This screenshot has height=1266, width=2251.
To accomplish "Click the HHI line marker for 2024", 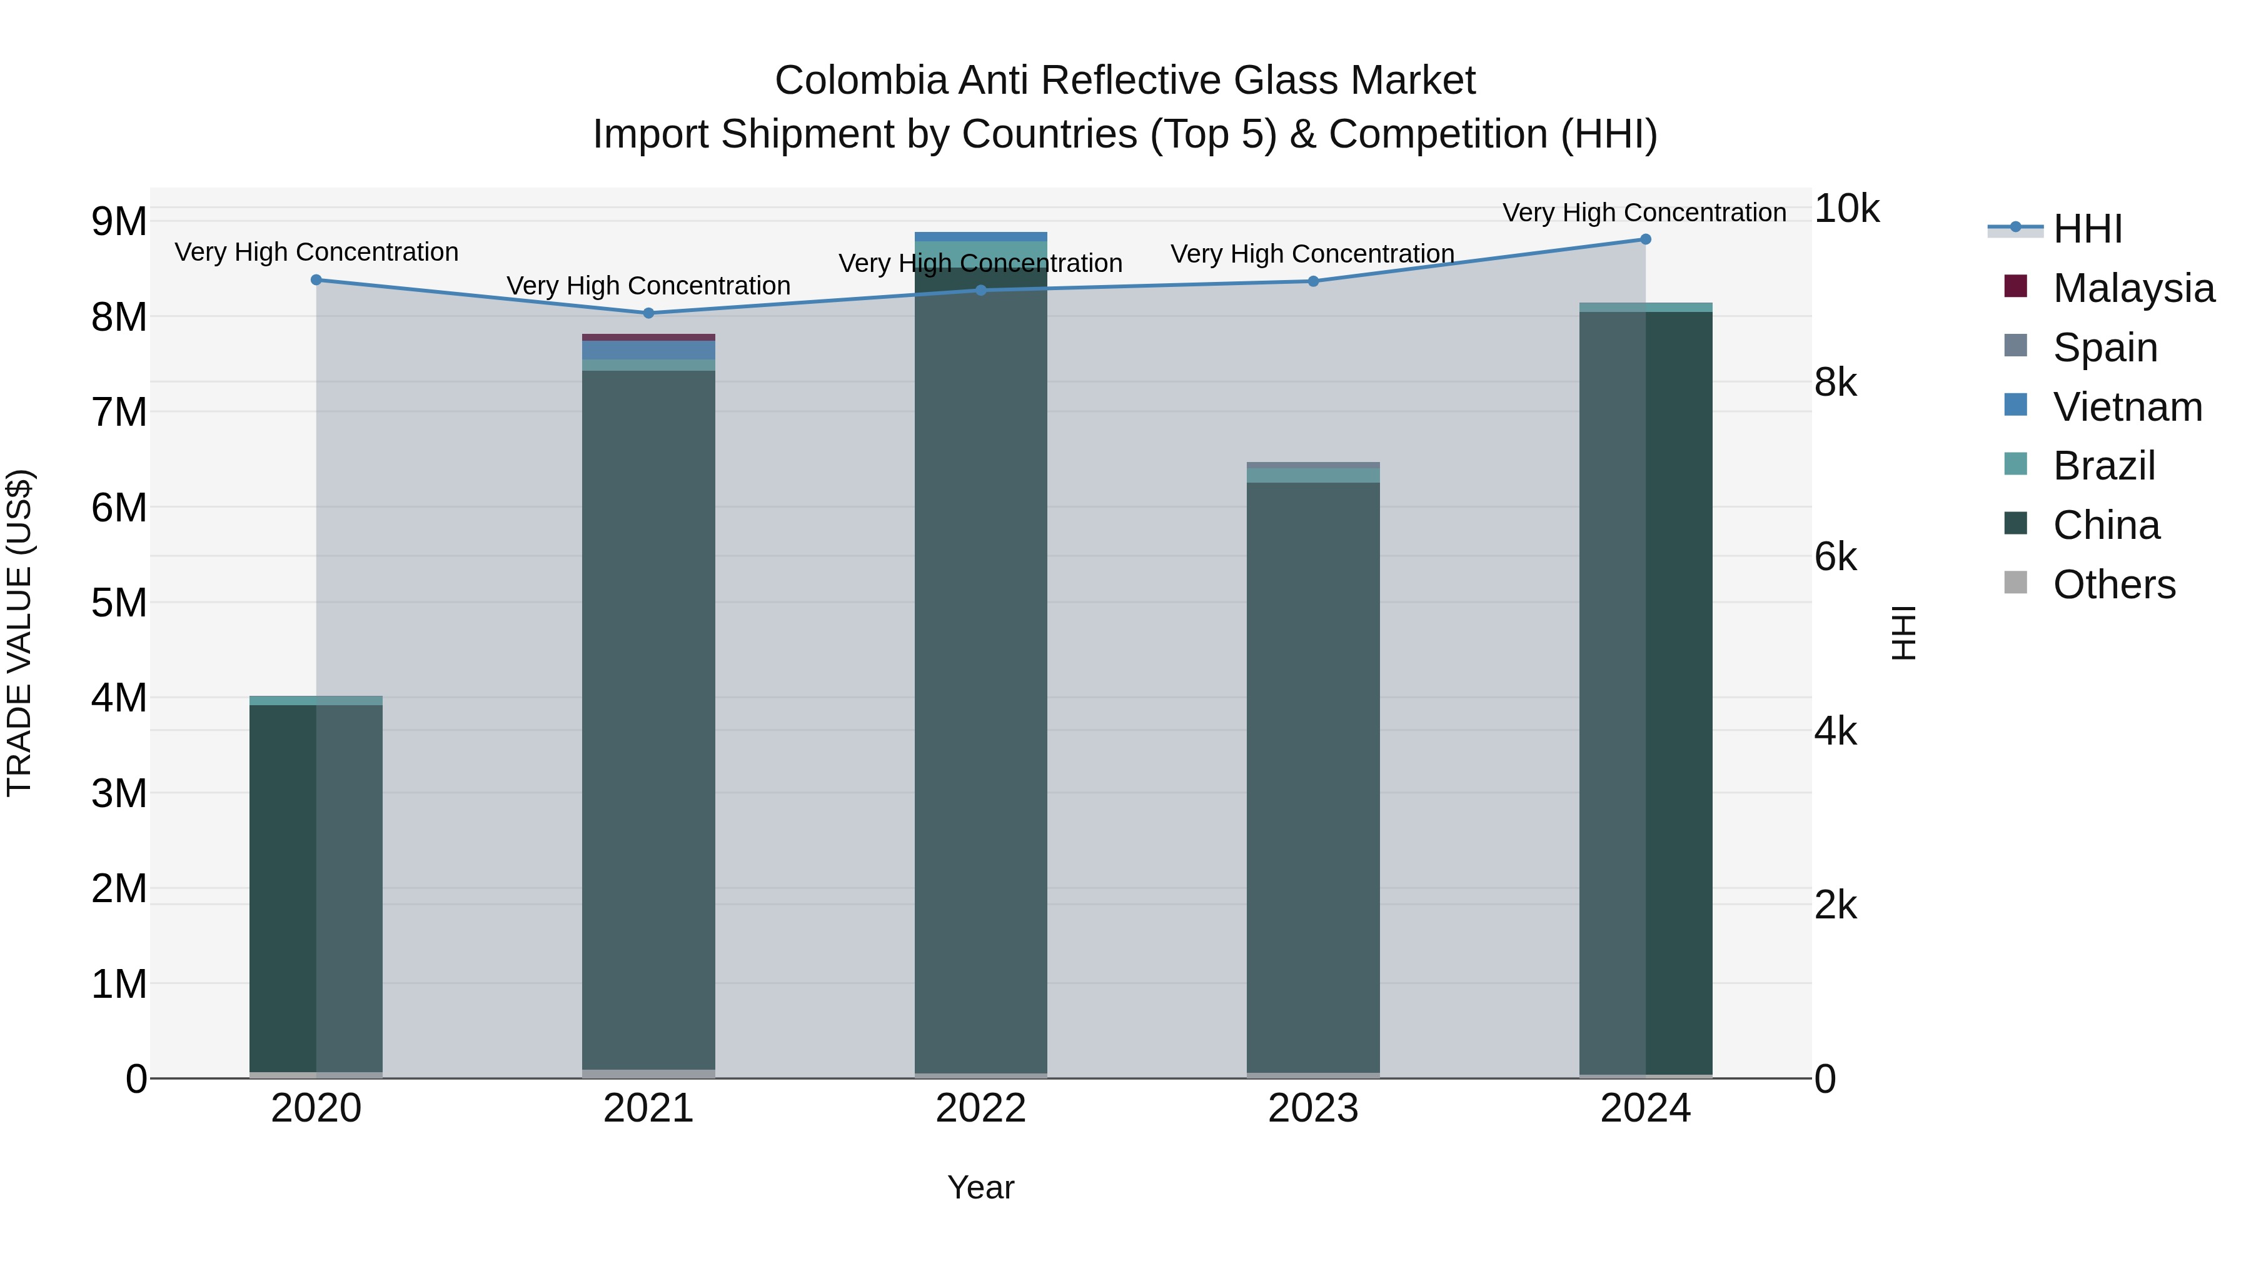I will coord(1646,239).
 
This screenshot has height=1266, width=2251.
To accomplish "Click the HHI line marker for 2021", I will coord(648,313).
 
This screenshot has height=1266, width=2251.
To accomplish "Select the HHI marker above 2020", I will coord(316,279).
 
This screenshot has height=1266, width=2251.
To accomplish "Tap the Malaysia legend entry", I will coord(2133,288).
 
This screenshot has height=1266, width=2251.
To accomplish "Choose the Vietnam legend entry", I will coord(2127,407).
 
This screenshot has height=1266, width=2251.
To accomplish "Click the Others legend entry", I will coord(2114,585).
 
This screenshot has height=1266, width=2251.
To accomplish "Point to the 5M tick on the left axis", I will coord(119,603).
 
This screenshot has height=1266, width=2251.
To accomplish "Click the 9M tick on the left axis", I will coord(119,222).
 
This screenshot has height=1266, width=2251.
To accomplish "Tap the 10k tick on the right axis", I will coord(1846,209).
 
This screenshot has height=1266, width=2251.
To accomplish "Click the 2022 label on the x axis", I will coord(980,1108).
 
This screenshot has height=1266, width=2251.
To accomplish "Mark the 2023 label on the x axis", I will coord(1312,1108).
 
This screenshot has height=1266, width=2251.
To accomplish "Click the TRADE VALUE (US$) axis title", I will coord(19,633).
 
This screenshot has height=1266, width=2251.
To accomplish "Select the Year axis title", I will coord(980,1187).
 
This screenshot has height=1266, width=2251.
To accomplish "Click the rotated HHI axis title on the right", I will coord(1903,633).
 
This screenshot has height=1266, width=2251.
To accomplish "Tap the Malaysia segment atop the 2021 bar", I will coord(648,337).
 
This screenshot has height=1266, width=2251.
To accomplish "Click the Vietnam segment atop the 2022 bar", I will coord(980,237).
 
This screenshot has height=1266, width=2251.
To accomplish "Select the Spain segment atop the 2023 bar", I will coord(1312,465).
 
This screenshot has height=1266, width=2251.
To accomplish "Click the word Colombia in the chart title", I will coord(861,81).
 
